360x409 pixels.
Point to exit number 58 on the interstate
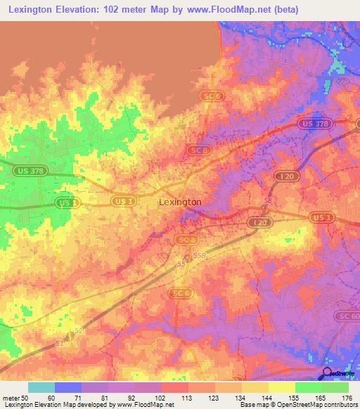266,200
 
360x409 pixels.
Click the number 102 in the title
122,9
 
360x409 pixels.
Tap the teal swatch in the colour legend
41,387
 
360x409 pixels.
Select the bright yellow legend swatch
281,387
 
